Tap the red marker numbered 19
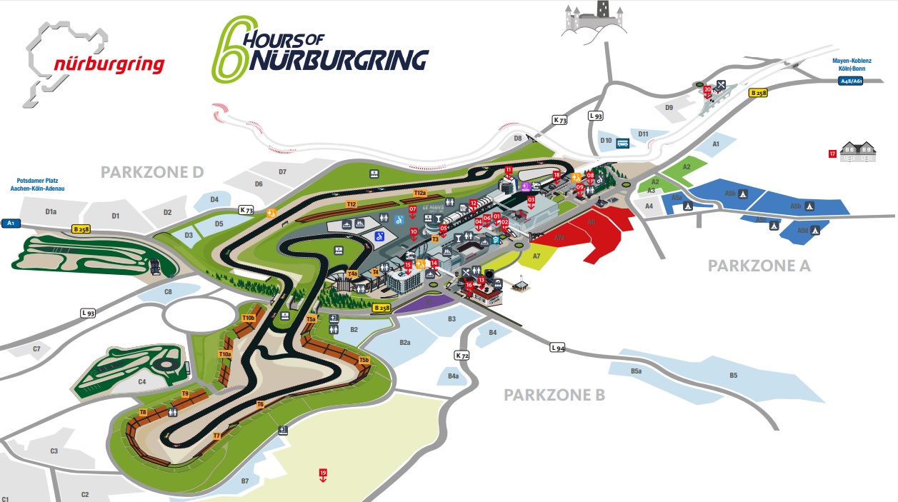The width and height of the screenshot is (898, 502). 323,473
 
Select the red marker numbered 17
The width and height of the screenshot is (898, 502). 832,154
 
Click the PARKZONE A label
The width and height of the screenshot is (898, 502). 759,266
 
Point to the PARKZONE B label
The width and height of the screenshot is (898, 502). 554,395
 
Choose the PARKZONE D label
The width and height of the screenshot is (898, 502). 152,172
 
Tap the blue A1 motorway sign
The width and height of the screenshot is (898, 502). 11,224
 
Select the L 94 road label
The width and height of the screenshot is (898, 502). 557,348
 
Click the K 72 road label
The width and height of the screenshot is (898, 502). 462,355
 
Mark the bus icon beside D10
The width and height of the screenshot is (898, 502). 623,142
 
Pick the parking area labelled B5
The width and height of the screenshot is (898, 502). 733,376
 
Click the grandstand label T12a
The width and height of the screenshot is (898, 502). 419,194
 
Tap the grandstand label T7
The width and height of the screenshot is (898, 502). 216,435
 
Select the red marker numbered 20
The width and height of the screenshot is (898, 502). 707,89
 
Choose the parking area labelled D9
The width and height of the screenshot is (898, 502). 669,108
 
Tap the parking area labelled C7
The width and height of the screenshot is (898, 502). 36,348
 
